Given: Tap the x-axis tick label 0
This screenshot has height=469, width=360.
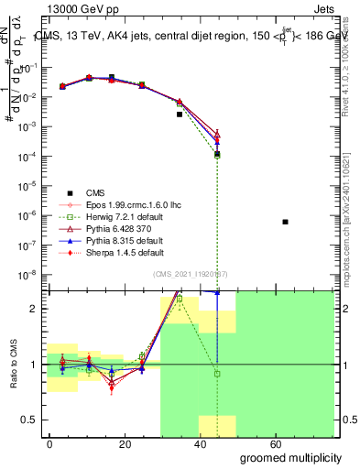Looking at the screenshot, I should click(x=50, y=443).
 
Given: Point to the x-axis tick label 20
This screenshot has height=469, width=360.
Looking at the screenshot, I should click(x=119, y=443).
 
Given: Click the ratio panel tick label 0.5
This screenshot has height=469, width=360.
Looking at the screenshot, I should click(x=35, y=420).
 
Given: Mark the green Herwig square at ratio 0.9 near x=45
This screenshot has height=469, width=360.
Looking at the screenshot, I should click(x=217, y=374).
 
